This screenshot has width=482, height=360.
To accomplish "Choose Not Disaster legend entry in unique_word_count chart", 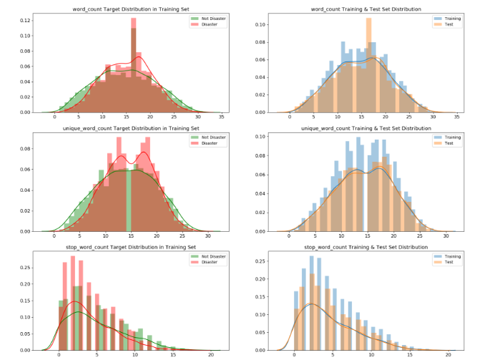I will pos(209,137).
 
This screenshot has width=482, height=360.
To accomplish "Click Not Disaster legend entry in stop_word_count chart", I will pos(209,256).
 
